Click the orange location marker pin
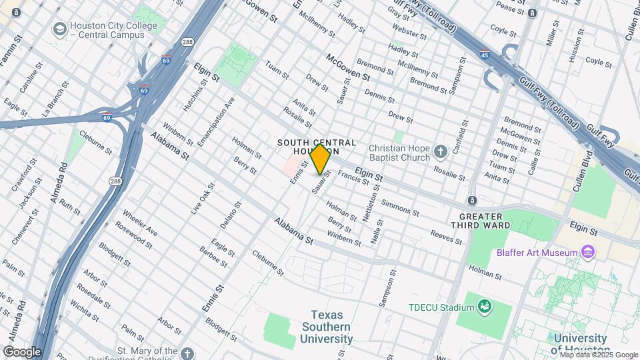click(x=320, y=159)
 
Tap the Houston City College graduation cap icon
click(x=59, y=30)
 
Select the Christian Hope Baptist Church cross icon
click(x=440, y=152)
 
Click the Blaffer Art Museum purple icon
click(x=587, y=252)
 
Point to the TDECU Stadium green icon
click(x=485, y=307)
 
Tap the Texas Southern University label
click(x=326, y=327)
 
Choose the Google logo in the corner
click(x=22, y=351)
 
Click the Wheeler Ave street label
click(x=140, y=223)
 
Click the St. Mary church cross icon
click(x=187, y=353)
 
